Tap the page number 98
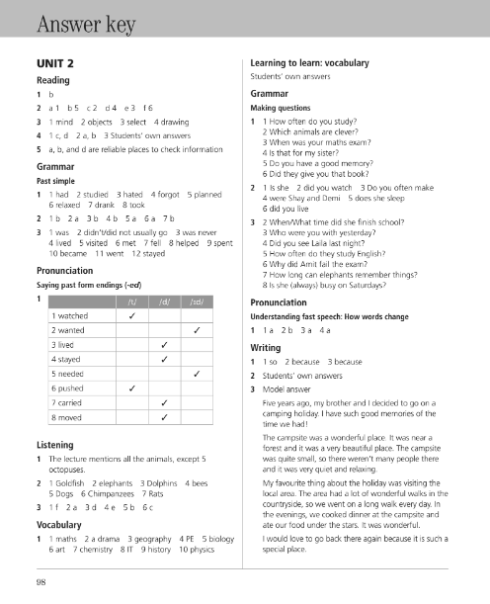(41, 582)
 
